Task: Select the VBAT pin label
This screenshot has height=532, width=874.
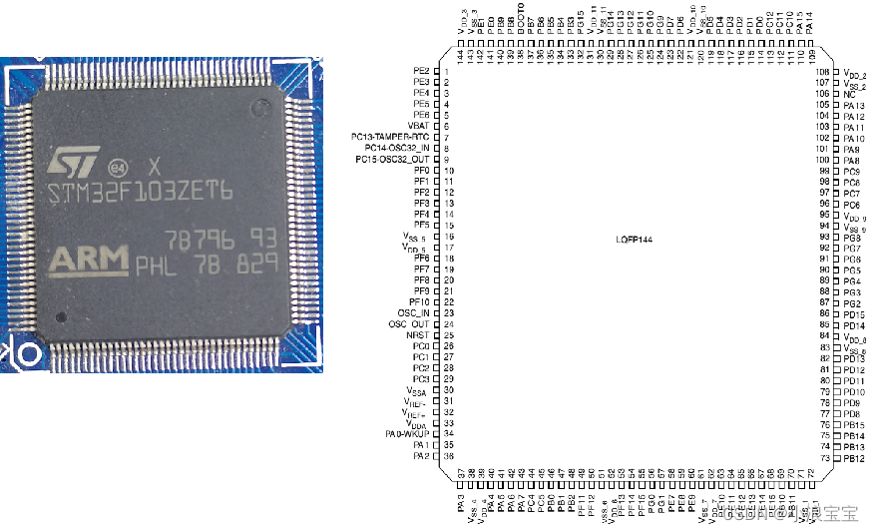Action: click(419, 126)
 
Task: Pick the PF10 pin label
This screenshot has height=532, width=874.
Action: click(418, 301)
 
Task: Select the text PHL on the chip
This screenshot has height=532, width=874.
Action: click(156, 266)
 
